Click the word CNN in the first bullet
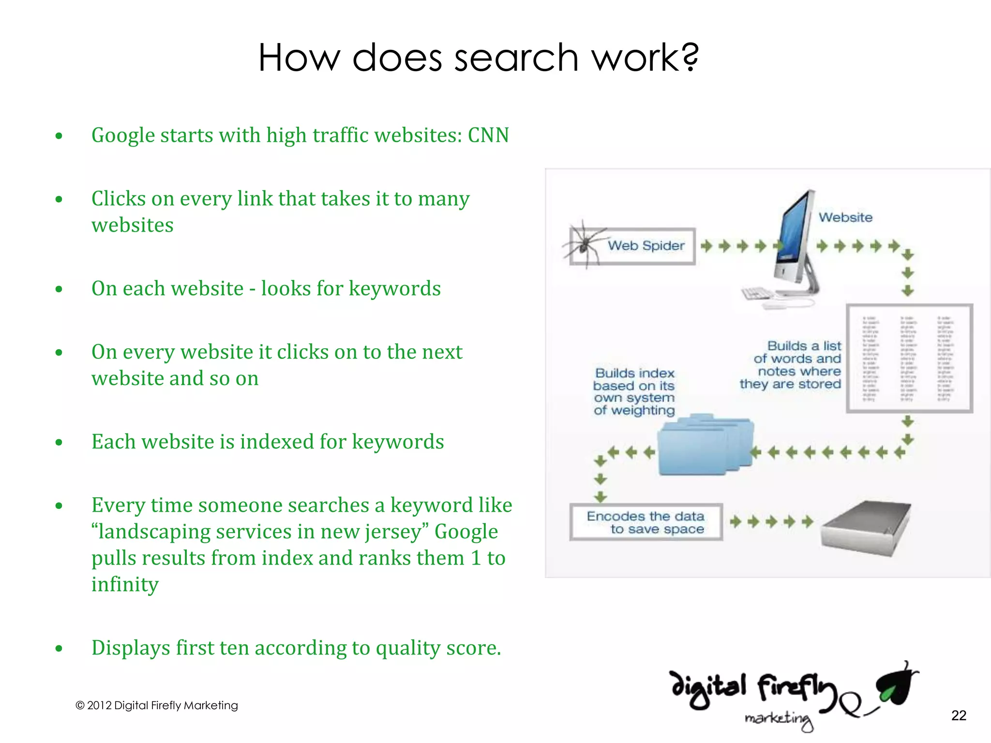click(x=488, y=135)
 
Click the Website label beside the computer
click(x=845, y=218)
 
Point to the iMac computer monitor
click(x=794, y=237)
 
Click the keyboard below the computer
click(x=760, y=293)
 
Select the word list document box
click(x=909, y=358)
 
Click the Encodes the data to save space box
click(x=646, y=522)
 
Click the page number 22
click(x=958, y=715)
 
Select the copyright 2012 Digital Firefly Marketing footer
click(x=157, y=705)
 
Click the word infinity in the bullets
click(x=125, y=584)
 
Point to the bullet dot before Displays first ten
click(x=59, y=649)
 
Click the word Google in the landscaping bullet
click(x=465, y=532)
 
